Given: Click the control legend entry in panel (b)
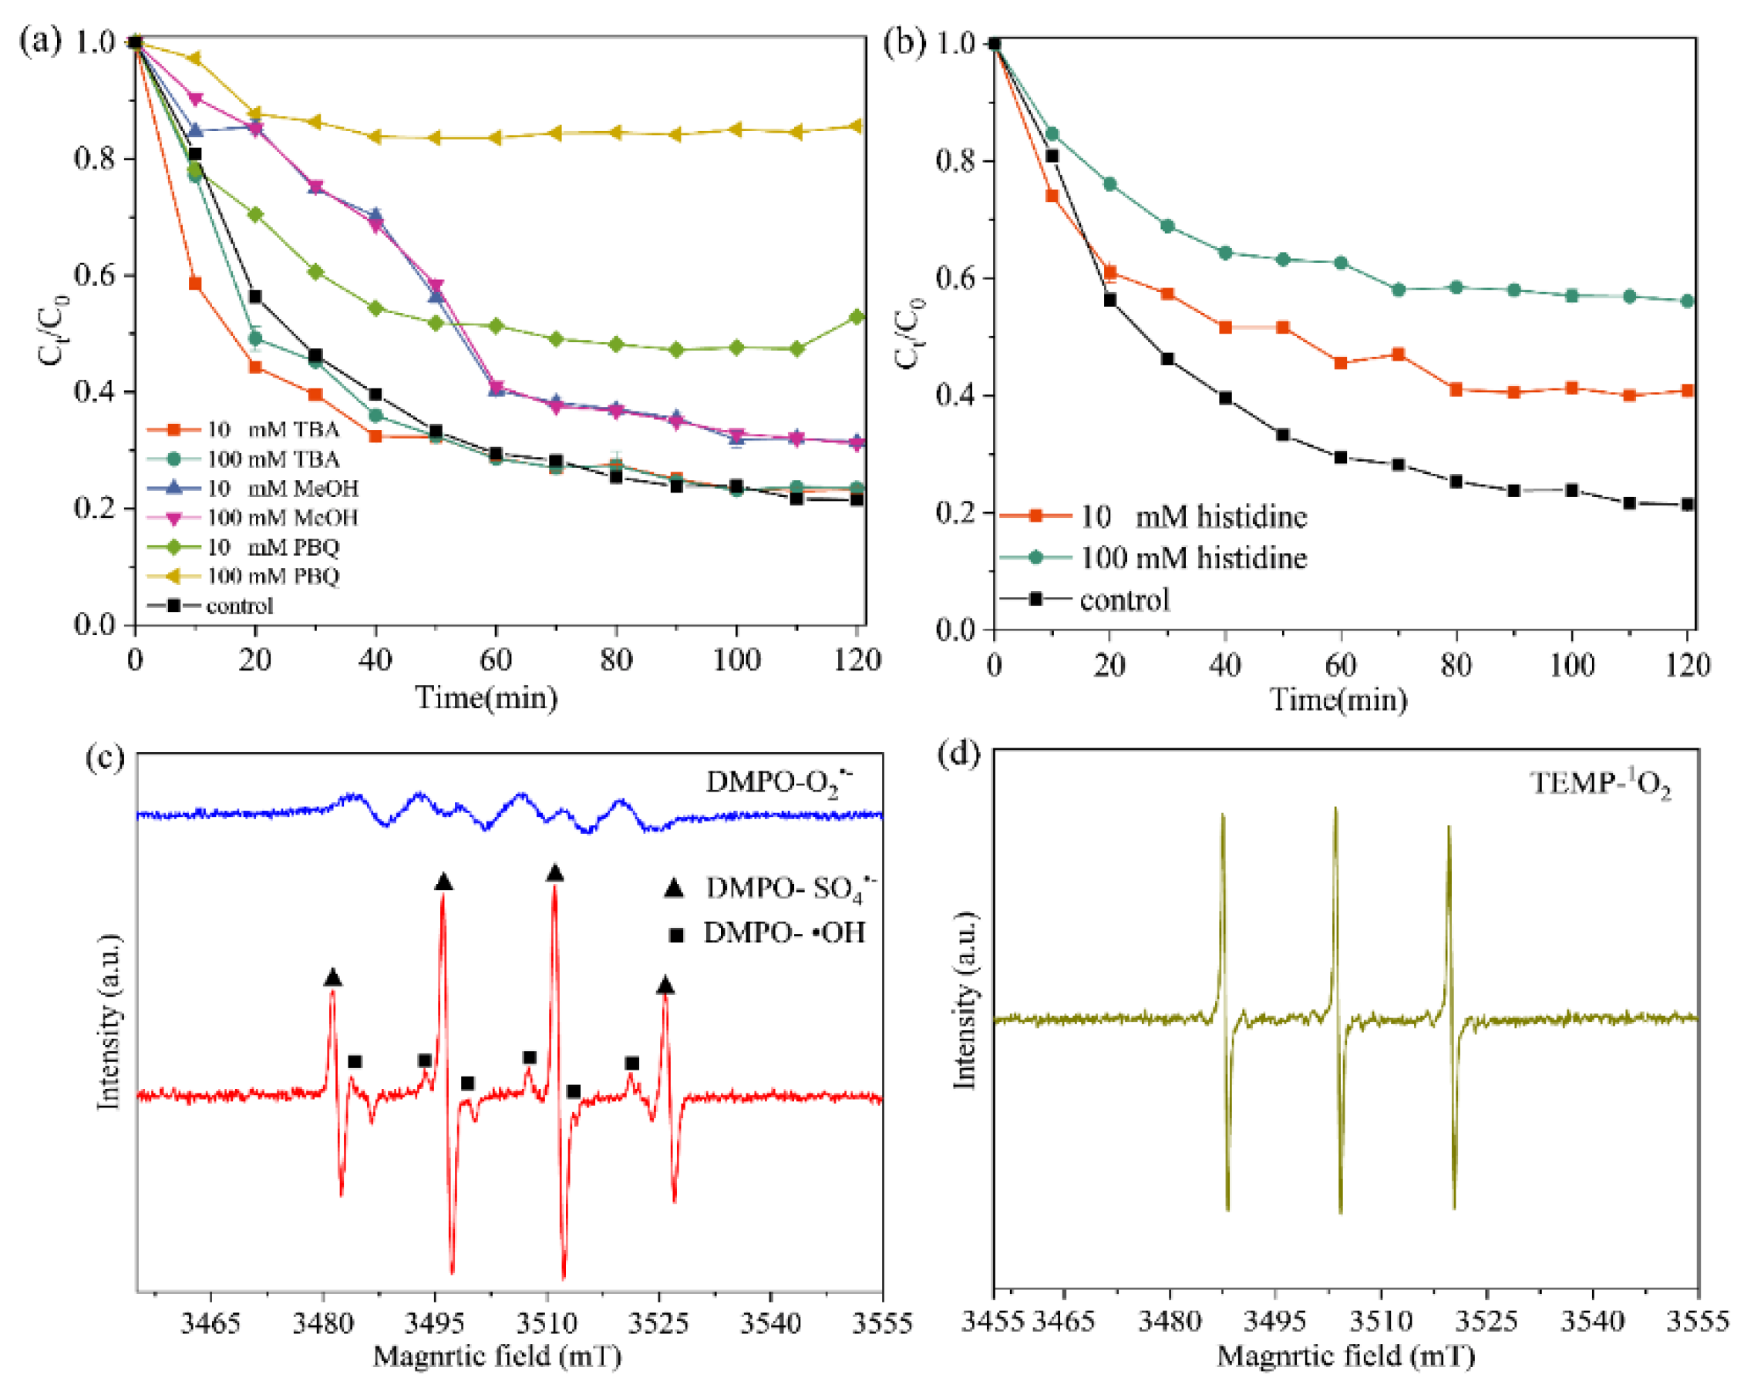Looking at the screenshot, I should tap(1124, 600).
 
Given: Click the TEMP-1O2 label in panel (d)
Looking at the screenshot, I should tap(1600, 783).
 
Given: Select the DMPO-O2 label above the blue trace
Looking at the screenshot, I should tap(779, 782).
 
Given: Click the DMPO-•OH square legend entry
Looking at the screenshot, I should tap(783, 933).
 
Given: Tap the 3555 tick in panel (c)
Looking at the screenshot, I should tap(882, 1323).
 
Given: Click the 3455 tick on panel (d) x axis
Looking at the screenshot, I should tap(992, 1322).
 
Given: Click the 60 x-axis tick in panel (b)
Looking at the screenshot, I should tap(1340, 665).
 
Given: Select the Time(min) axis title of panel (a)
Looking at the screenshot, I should tap(487, 697).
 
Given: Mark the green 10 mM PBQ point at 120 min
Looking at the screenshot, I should tap(857, 317).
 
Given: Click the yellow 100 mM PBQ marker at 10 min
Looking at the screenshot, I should tap(194, 59).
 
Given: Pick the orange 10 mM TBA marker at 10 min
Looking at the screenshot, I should tap(195, 284).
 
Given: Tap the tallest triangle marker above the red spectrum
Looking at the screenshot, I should tap(554, 873).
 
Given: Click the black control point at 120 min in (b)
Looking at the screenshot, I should tap(1688, 505).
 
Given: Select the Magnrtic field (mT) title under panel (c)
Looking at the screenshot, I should tap(497, 1356).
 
